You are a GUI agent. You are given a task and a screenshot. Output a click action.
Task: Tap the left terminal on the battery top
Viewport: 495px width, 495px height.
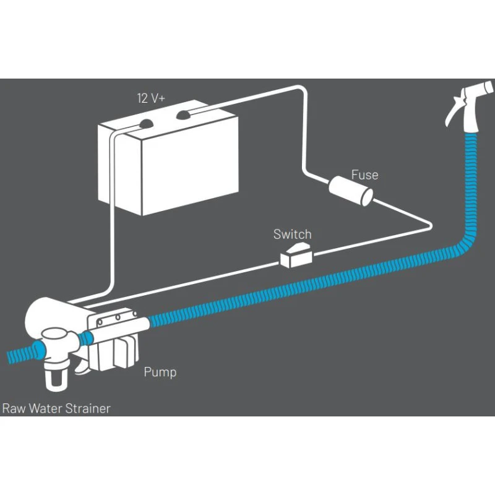tap(147, 122)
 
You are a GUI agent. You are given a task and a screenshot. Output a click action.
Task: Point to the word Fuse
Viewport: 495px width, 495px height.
tap(364, 175)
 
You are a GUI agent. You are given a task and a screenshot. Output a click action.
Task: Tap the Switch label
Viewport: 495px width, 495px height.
tap(293, 235)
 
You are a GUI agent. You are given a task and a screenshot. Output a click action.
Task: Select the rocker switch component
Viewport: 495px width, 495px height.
tap(296, 255)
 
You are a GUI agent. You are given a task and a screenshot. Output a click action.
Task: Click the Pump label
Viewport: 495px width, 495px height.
tap(160, 372)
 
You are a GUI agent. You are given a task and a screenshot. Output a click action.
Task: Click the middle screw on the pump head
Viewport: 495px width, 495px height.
tap(114, 319)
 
